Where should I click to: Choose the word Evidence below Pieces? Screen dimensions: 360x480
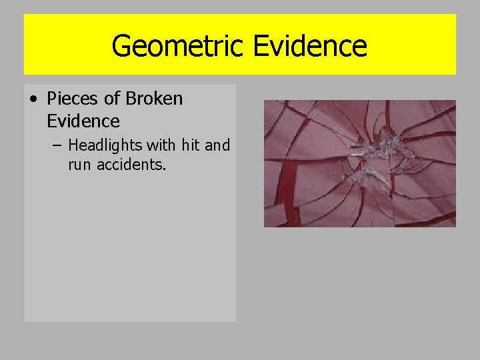(x=83, y=121)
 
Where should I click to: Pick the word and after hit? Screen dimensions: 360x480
(x=217, y=145)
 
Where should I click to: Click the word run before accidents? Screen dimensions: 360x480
(x=80, y=165)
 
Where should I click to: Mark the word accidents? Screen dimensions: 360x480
(x=130, y=165)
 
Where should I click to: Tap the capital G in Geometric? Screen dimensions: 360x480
(x=121, y=46)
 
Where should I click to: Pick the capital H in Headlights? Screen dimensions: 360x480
(x=73, y=145)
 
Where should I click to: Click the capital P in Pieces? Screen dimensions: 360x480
(x=52, y=99)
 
